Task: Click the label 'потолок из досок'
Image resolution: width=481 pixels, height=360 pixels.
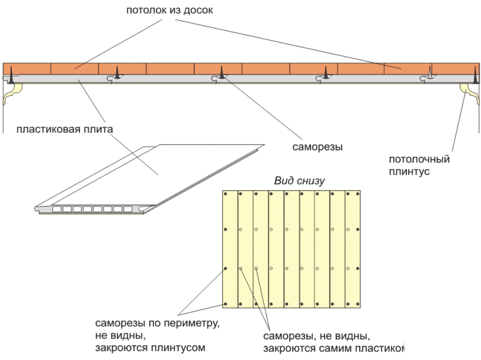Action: click(170, 10)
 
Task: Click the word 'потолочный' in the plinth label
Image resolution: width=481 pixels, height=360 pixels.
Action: click(419, 160)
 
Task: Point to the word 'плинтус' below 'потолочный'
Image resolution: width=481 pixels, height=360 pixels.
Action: click(409, 172)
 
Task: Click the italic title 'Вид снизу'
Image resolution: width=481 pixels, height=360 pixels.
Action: click(300, 181)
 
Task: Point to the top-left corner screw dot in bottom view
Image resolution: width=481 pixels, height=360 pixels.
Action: click(226, 194)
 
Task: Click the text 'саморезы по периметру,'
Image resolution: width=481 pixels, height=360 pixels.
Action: click(157, 324)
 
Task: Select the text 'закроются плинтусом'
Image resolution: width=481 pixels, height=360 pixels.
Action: click(150, 348)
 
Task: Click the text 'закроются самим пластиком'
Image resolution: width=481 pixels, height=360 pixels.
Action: click(334, 349)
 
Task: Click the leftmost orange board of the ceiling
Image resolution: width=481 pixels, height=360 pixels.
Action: click(27, 69)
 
